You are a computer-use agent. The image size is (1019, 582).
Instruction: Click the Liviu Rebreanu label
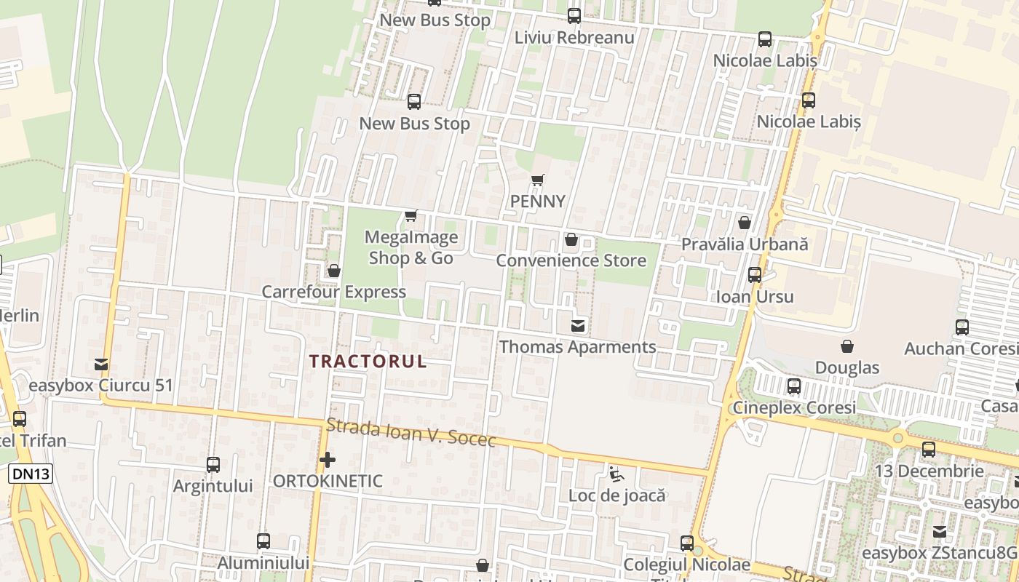[x=574, y=37]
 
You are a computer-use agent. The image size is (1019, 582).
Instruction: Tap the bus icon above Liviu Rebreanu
[x=574, y=15]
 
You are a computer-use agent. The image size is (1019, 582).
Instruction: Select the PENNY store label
[x=538, y=201]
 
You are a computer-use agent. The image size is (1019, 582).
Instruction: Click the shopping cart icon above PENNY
[x=538, y=180]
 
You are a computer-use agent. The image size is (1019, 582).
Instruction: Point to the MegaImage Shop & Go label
[x=411, y=247]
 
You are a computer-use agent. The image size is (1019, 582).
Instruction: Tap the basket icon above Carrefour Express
[x=334, y=271]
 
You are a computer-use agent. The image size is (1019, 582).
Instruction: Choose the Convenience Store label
[x=571, y=260]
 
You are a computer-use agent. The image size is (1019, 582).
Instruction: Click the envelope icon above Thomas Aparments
[x=578, y=325]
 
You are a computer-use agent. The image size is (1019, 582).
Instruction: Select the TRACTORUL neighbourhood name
[x=368, y=362]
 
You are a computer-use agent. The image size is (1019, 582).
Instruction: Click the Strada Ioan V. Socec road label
[x=411, y=434]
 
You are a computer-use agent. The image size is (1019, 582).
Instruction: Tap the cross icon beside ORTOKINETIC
[x=328, y=460]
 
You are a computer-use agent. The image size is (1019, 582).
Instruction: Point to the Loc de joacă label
[x=617, y=496]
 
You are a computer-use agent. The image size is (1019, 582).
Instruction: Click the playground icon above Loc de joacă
[x=616, y=475]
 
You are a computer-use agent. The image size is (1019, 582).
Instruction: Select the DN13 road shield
[x=31, y=474]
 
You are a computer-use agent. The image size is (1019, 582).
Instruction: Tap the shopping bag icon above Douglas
[x=847, y=346]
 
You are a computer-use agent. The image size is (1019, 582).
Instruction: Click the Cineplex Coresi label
[x=794, y=408]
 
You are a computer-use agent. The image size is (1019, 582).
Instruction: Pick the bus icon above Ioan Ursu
[x=755, y=275]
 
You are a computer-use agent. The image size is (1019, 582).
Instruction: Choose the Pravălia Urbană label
[x=745, y=244]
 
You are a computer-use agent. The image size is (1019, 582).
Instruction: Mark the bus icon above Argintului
[x=213, y=464]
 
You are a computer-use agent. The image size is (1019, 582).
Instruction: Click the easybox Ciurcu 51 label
[x=100, y=386]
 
